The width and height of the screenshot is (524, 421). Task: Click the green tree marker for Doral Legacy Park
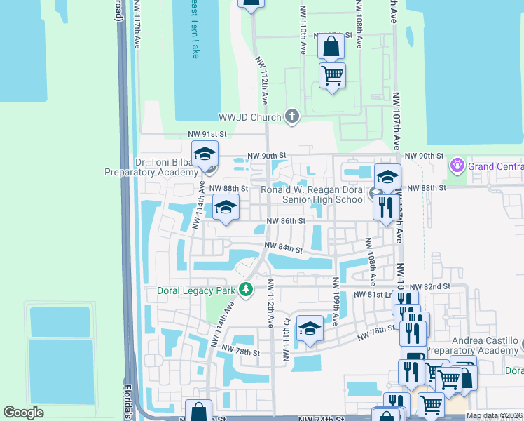pos(245,289)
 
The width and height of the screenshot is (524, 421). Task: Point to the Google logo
pos(24,413)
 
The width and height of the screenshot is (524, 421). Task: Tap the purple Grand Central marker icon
pos(458,166)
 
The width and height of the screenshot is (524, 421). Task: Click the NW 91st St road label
pos(207,133)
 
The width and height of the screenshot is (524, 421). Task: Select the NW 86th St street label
pos(287,221)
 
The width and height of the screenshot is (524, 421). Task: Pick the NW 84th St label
pos(283,248)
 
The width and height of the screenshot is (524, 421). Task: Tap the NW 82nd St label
pos(429,287)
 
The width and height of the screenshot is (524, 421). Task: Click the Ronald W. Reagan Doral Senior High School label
pos(312,195)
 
